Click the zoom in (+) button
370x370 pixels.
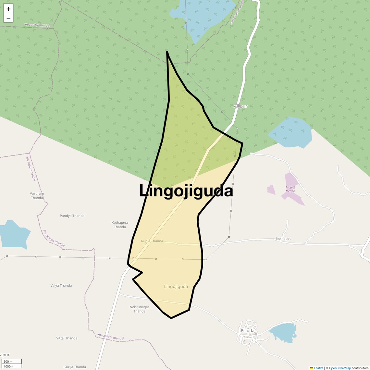[x=8, y=9]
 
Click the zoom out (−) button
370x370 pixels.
[x=8, y=18]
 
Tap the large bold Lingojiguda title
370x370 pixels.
[x=186, y=191]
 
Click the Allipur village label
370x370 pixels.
[x=240, y=106]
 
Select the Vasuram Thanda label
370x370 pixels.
[x=37, y=196]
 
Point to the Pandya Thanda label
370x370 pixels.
[x=72, y=216]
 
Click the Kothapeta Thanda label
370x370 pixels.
[x=120, y=225]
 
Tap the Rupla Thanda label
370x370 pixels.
[x=152, y=241]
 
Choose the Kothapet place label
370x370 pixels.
[x=283, y=239]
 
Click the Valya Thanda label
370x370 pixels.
[x=61, y=286]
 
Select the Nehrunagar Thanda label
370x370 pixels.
[x=139, y=309]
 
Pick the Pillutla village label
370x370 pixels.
[x=248, y=331]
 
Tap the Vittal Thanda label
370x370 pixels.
[x=67, y=338]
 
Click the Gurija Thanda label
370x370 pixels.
[x=75, y=367]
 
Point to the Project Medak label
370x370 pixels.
[x=290, y=189]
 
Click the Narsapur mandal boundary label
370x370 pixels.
[x=31, y=168]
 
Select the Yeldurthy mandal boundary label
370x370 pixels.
[x=37, y=25]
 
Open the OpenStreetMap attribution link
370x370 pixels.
[x=339, y=368]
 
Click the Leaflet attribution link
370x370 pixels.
[x=318, y=368]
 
